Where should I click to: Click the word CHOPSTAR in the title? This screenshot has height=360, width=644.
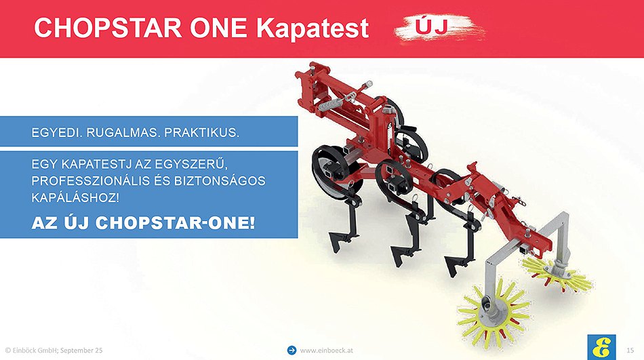coord(108,28)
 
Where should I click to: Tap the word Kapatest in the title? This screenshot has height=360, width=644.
coord(312,28)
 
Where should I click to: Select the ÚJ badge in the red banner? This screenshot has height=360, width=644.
coord(439,28)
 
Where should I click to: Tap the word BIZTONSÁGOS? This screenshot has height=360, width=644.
coord(220,181)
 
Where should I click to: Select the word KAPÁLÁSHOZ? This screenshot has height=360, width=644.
coord(75,198)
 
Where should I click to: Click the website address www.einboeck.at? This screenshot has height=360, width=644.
coord(326,351)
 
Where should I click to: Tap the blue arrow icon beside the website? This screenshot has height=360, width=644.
coord(291,350)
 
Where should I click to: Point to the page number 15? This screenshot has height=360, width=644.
coord(630,350)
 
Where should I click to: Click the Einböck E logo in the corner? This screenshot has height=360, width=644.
coord(602,347)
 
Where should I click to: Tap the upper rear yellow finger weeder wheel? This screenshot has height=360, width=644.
coord(557,273)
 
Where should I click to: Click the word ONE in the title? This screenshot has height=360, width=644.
coord(218,28)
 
